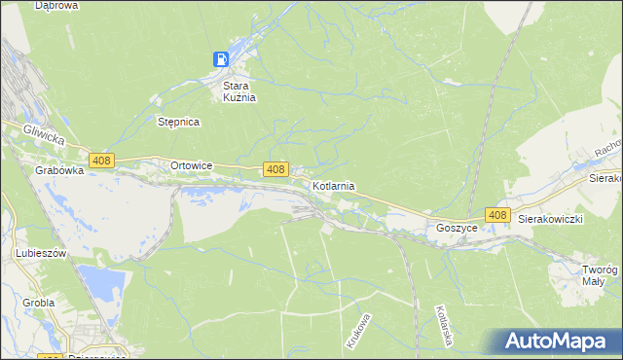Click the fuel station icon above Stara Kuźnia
click(x=223, y=59)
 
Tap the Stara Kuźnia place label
click(x=234, y=91)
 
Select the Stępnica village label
click(x=178, y=122)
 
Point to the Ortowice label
click(x=191, y=165)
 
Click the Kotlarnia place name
click(x=334, y=185)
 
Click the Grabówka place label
click(x=56, y=169)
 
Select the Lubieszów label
click(x=40, y=253)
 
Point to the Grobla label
click(x=38, y=303)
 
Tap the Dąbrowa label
click(x=56, y=6)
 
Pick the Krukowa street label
click(x=357, y=331)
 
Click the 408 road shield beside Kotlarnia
click(x=275, y=169)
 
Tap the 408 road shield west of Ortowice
click(x=101, y=160)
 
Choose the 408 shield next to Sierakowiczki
click(x=497, y=215)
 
